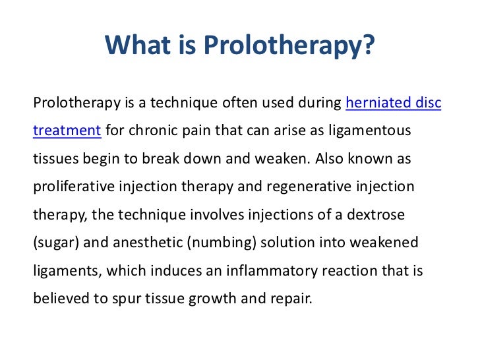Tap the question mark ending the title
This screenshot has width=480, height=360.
point(370,45)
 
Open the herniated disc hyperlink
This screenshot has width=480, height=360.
point(394,103)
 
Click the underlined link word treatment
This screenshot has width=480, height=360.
point(67,131)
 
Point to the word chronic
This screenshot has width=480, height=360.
point(154,131)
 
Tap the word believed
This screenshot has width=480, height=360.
point(59,297)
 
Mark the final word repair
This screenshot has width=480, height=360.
point(289,297)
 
